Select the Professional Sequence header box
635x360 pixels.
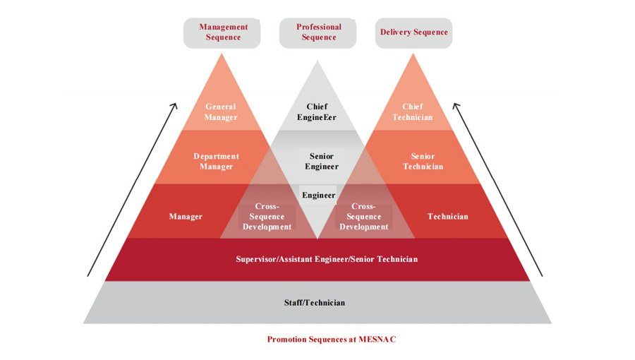coord(319,32)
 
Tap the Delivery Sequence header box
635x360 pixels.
coord(413,32)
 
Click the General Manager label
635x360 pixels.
coord(221,112)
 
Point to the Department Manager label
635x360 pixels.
coord(216,162)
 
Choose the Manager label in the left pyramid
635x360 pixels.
coord(186,217)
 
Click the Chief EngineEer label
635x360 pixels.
coord(317,112)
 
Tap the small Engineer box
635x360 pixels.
coord(318,195)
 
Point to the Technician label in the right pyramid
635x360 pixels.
coord(447,217)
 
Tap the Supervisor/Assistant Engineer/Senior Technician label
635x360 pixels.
coord(326,259)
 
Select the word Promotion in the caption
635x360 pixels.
coord(287,340)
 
